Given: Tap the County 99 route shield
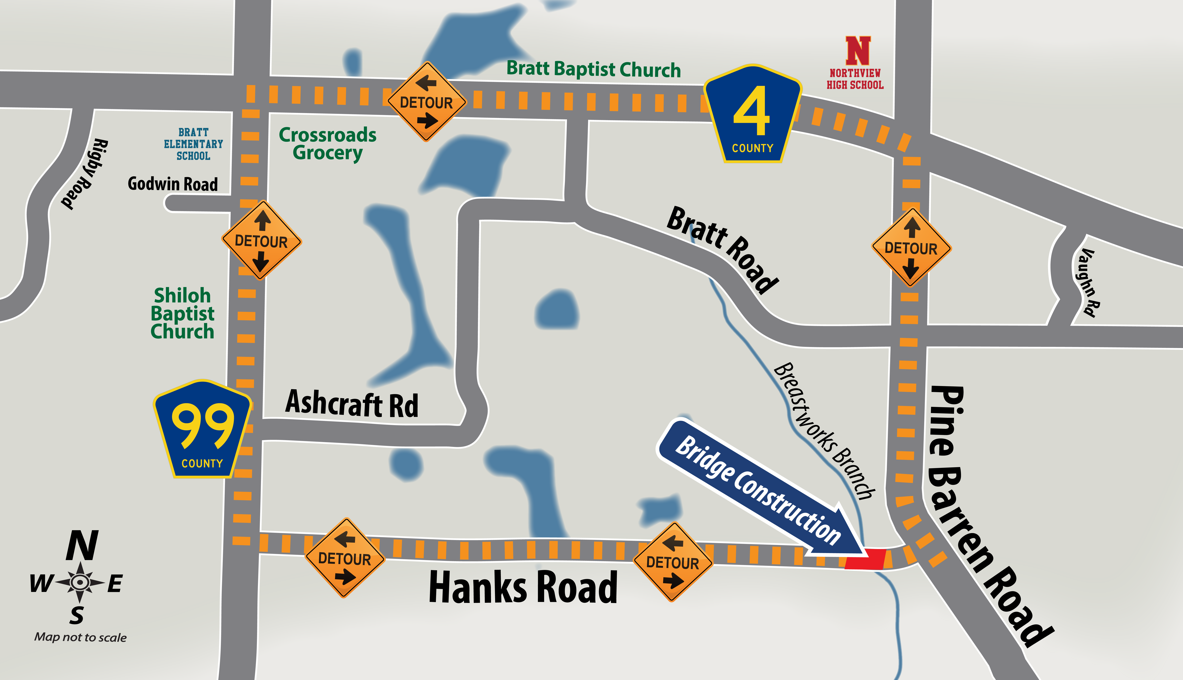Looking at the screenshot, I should click(x=202, y=430).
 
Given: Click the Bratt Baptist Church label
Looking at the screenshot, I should click(x=593, y=69).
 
